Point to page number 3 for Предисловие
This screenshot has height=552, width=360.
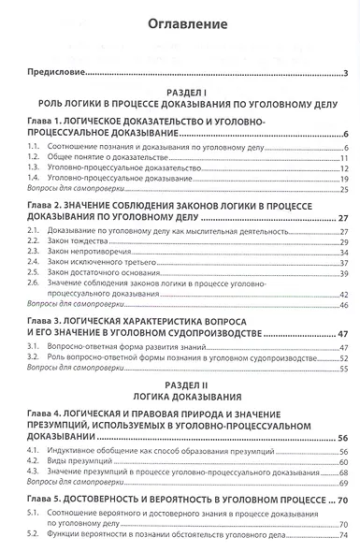(x=346, y=74)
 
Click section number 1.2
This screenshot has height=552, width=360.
(x=34, y=158)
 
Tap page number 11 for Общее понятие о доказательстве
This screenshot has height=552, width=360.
(x=343, y=158)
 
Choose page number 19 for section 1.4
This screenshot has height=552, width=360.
(x=343, y=179)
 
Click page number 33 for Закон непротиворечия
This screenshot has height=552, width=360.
(x=343, y=252)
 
